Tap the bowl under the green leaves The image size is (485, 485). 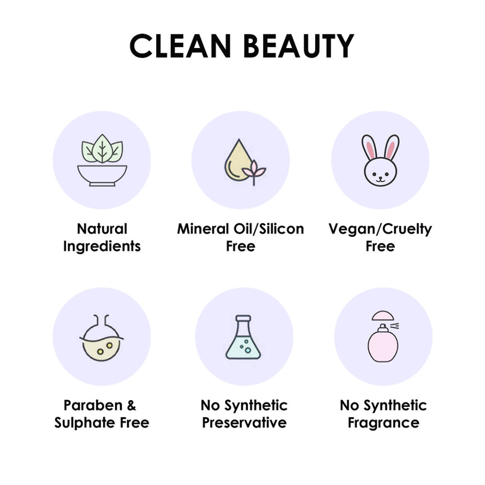pyautogui.click(x=102, y=176)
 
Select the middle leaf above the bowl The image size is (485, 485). pyautogui.click(x=102, y=149)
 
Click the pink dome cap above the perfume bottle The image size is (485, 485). pyautogui.click(x=383, y=316)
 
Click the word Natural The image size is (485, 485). pyautogui.click(x=102, y=229)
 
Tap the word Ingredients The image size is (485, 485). pyautogui.click(x=102, y=246)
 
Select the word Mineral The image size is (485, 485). pyautogui.click(x=203, y=229)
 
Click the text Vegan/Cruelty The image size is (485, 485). pyautogui.click(x=380, y=229)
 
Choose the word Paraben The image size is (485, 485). pyautogui.click(x=93, y=405)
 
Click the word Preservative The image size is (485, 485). pyautogui.click(x=244, y=422)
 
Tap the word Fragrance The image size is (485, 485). pyautogui.click(x=384, y=423)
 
